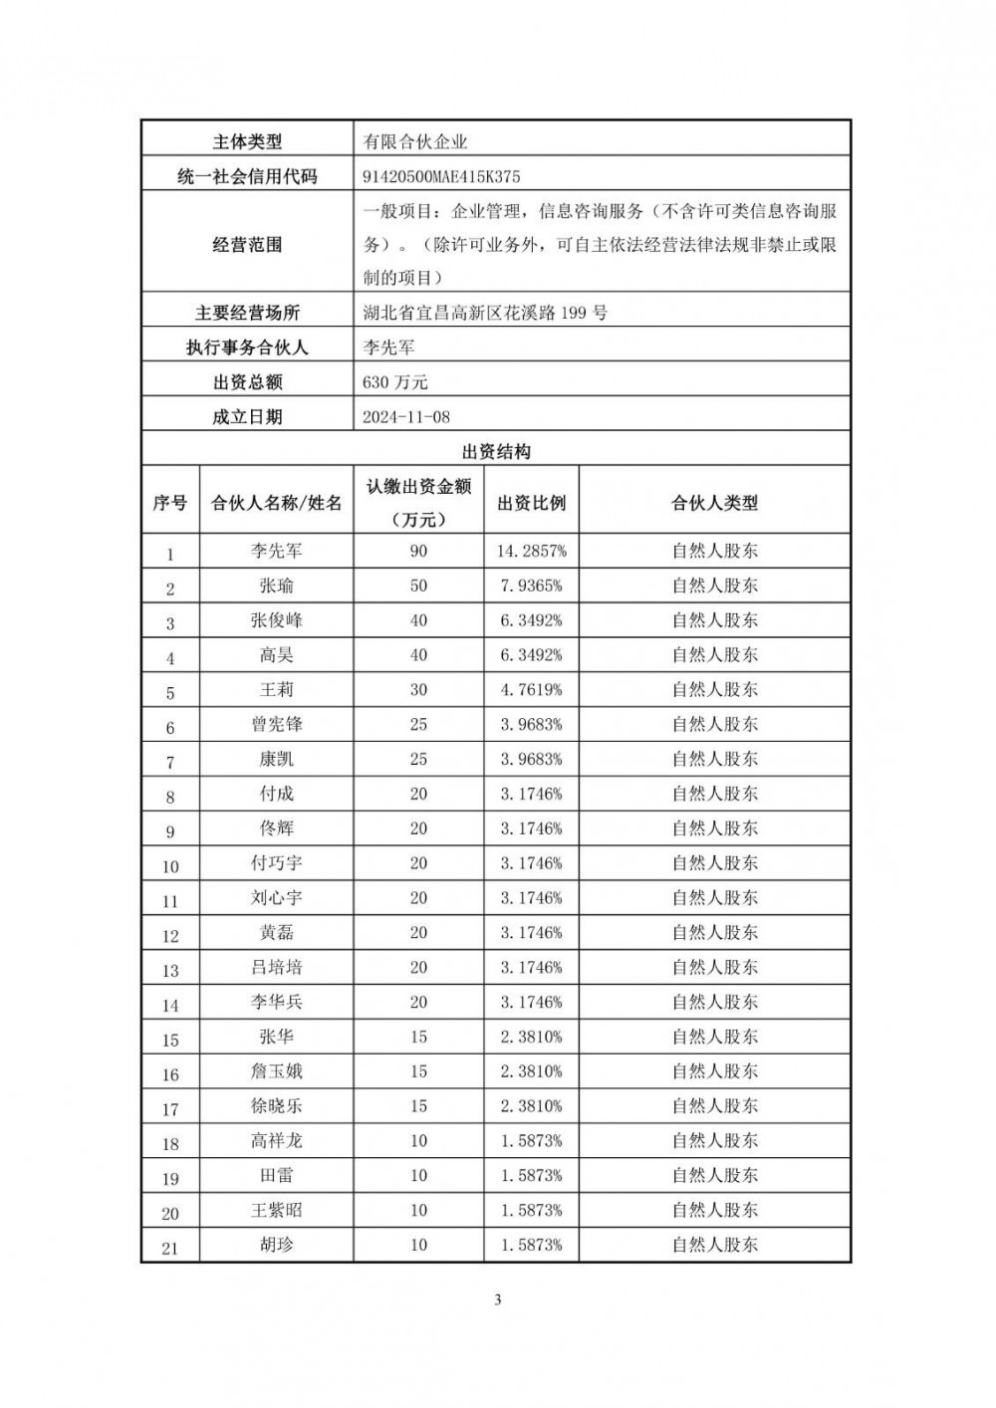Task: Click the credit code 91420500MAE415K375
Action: [441, 177]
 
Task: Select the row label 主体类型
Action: [247, 142]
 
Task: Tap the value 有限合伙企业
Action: [415, 142]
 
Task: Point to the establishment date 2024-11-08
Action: [406, 417]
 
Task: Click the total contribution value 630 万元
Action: [395, 382]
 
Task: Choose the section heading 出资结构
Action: [496, 452]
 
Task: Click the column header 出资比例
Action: [531, 503]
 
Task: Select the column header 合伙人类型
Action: [714, 503]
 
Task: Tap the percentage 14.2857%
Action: [531, 551]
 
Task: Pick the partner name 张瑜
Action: [276, 586]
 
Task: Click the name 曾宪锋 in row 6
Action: [276, 724]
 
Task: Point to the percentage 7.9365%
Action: [531, 586]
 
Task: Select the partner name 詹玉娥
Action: [276, 1071]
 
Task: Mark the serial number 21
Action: [169, 1247]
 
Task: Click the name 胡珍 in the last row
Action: [276, 1245]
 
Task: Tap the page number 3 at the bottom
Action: [497, 1299]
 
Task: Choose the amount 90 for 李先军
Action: [418, 551]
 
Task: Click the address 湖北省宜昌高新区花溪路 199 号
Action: [485, 313]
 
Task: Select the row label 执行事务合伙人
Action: [247, 348]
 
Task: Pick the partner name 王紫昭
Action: [276, 1210]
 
